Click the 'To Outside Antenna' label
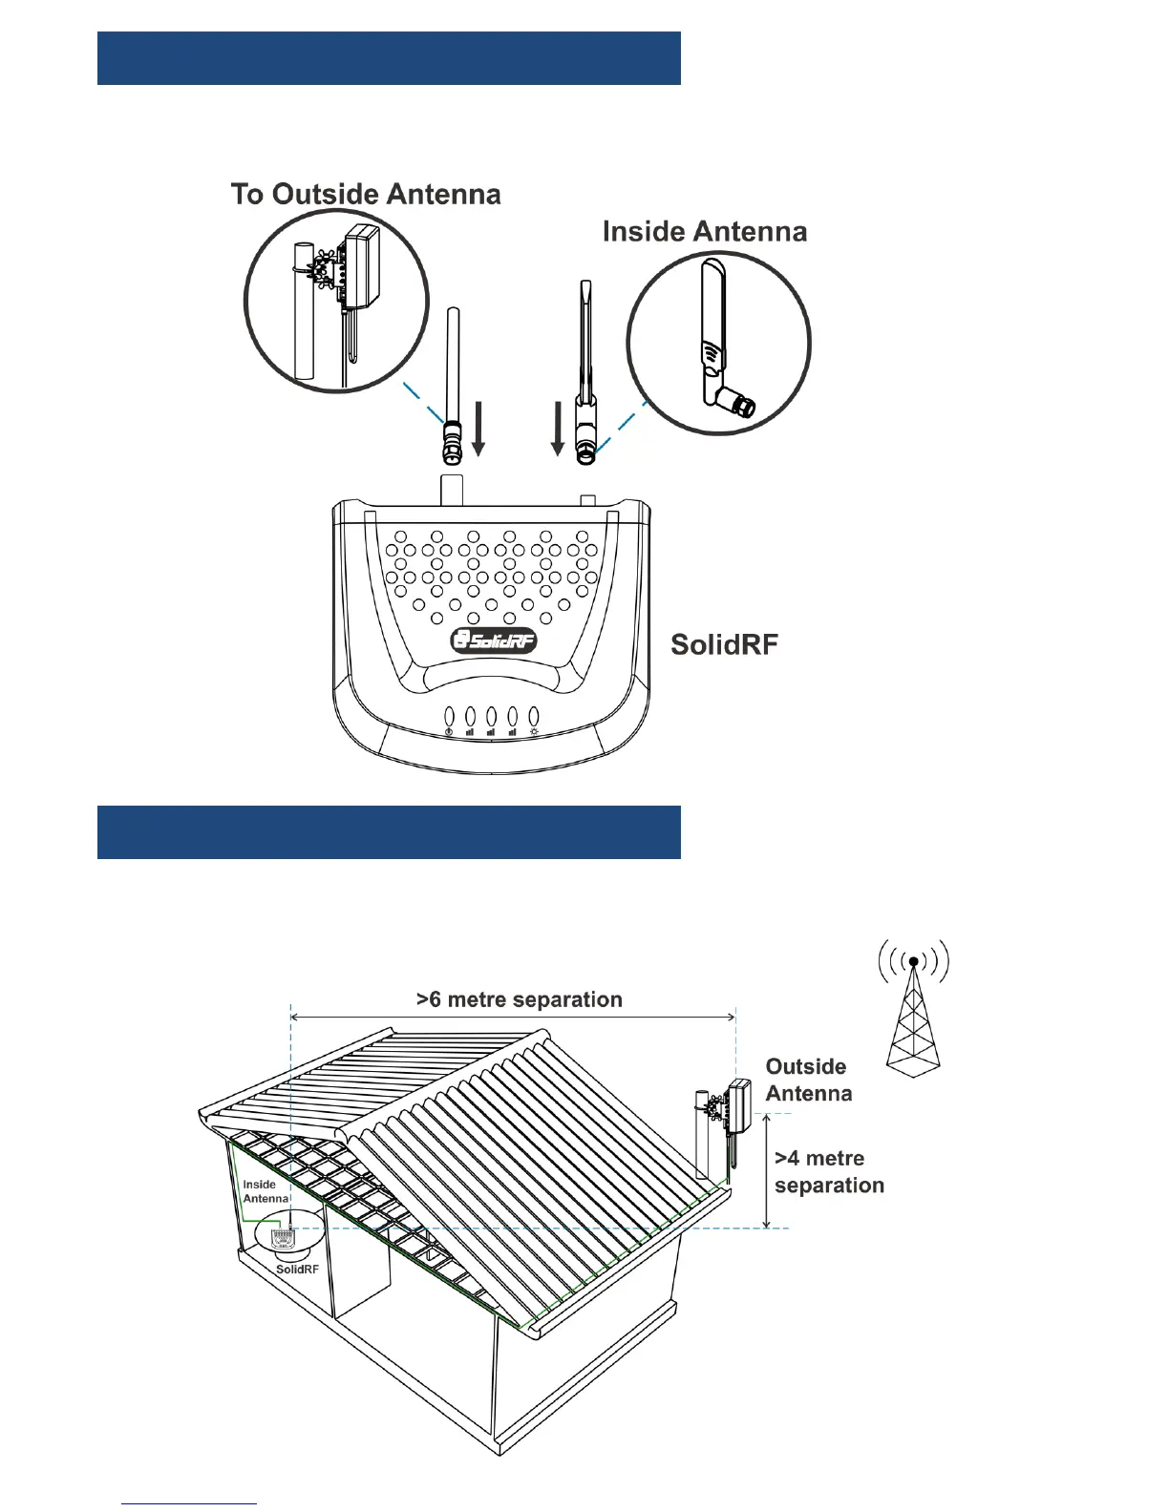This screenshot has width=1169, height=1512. [366, 195]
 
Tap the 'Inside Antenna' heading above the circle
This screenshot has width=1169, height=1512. [705, 232]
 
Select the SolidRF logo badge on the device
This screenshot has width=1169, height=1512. [494, 640]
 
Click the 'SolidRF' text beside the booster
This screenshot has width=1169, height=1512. [724, 645]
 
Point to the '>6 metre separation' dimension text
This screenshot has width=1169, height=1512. [520, 999]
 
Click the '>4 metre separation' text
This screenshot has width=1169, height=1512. [829, 1172]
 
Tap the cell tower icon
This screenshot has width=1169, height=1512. [914, 1012]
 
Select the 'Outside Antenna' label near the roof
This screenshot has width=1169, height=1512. [808, 1080]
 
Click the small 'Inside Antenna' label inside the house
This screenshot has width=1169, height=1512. [265, 1191]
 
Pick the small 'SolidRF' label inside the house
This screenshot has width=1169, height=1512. [297, 1270]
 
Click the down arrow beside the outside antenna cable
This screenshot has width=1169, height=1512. [479, 430]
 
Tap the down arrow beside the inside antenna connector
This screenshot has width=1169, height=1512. [558, 430]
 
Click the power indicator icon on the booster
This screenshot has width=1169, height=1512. [449, 732]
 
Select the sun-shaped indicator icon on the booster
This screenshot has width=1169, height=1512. [534, 732]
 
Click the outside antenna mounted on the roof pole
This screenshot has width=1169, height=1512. [738, 1105]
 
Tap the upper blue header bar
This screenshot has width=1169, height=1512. [389, 58]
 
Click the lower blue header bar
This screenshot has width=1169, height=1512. [389, 832]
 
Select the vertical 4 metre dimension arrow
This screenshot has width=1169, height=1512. [767, 1171]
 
